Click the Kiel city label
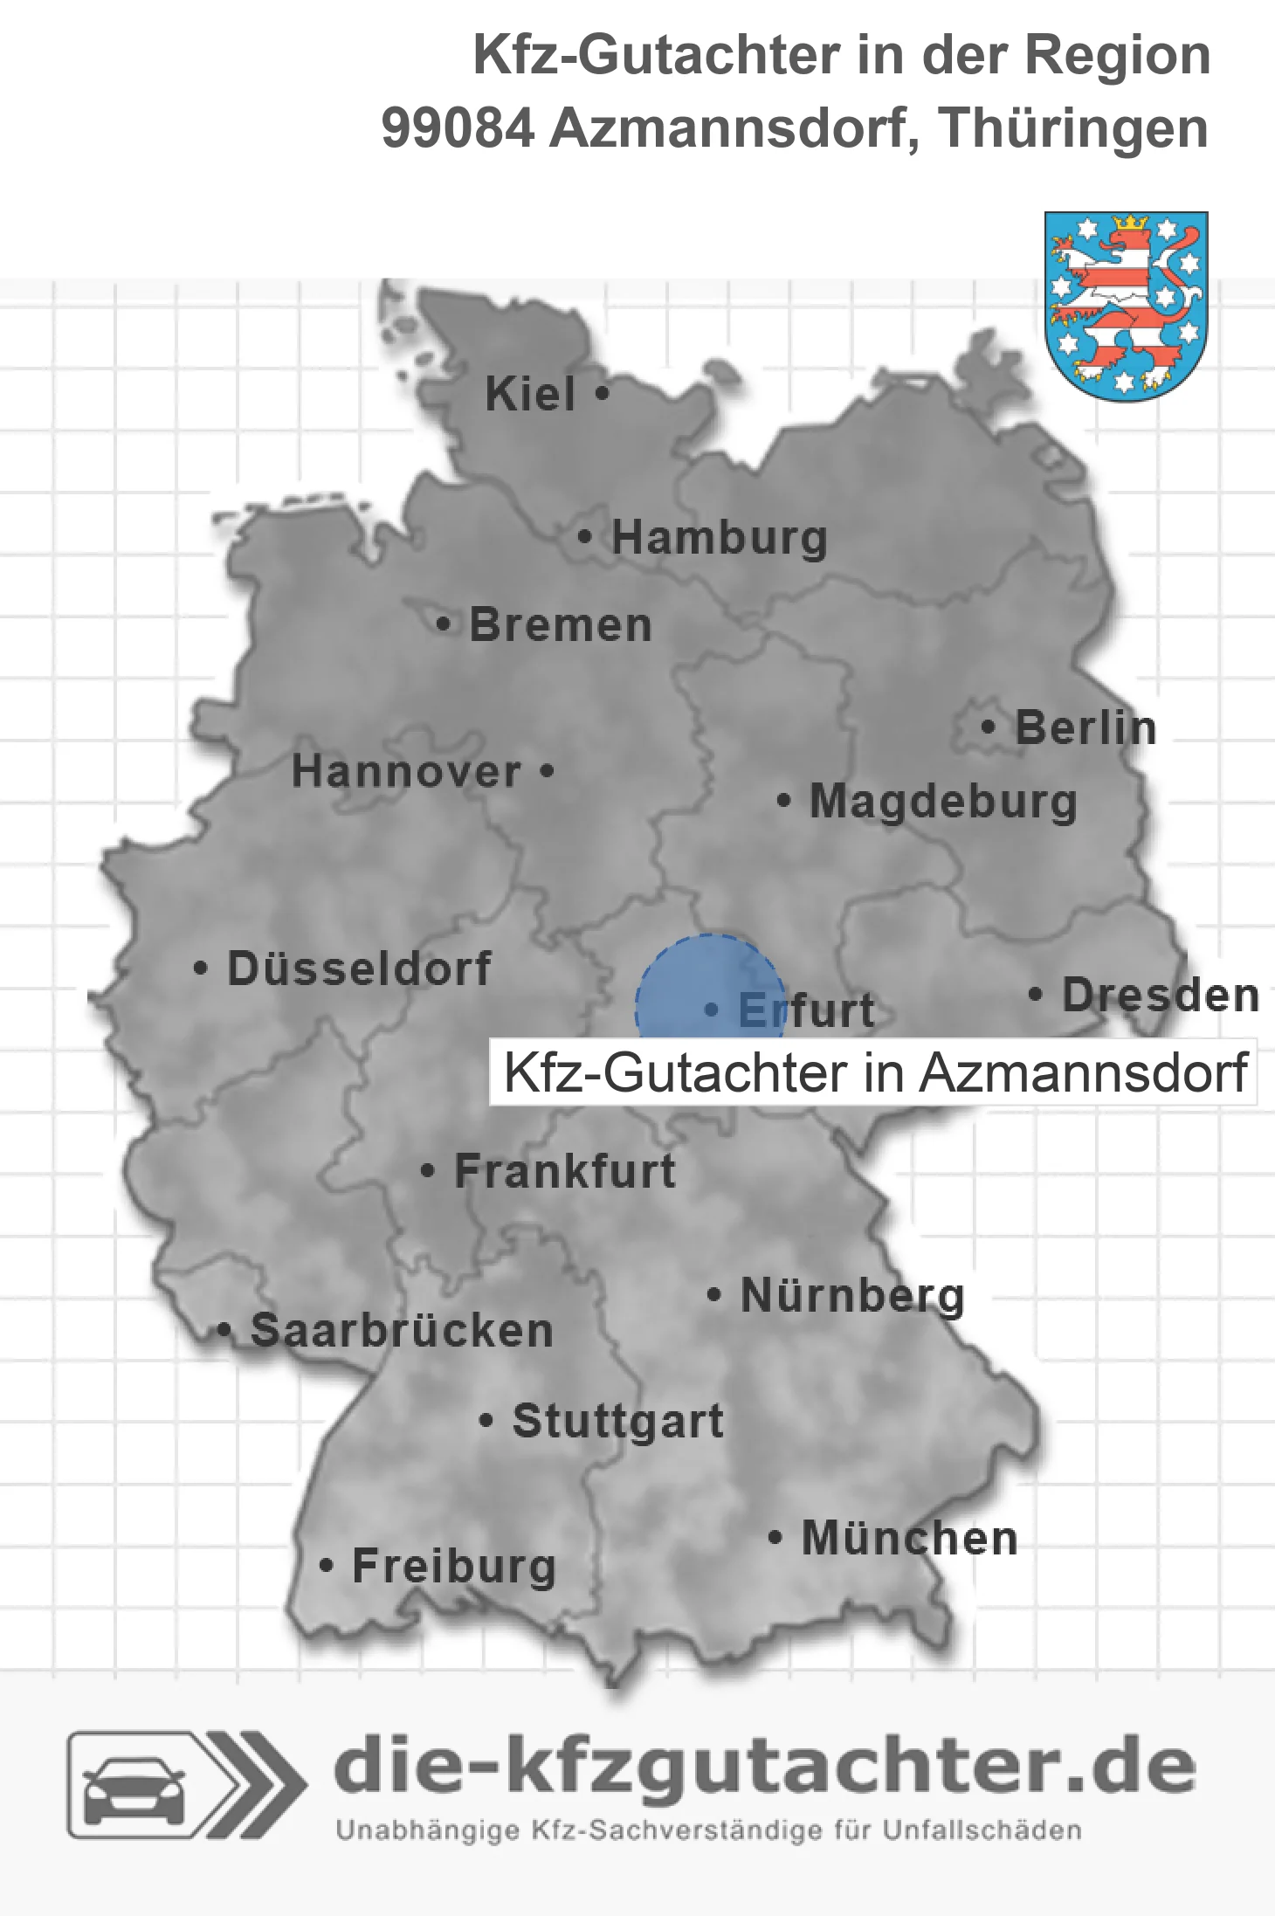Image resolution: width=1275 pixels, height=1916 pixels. click(530, 394)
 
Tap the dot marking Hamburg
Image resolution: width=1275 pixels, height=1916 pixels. click(585, 537)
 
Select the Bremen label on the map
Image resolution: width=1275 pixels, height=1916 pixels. click(561, 625)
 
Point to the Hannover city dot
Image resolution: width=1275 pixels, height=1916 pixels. click(548, 771)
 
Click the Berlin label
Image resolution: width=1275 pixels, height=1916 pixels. click(1085, 728)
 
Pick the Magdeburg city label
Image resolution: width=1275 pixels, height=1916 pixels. click(943, 802)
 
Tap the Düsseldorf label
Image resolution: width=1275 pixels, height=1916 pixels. click(359, 968)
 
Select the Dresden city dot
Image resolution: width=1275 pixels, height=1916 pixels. click(1036, 994)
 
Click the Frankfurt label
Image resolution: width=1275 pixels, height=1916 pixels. click(565, 1171)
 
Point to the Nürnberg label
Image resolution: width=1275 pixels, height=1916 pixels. click(852, 1295)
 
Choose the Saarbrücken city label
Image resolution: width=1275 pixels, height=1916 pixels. click(402, 1331)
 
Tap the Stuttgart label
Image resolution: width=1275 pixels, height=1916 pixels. click(617, 1421)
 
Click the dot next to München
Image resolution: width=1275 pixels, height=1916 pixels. click(775, 1537)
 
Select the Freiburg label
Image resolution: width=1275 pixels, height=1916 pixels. click(454, 1566)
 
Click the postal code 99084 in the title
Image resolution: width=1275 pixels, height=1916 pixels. click(458, 128)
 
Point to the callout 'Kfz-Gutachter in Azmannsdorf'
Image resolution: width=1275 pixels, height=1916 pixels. click(873, 1072)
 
